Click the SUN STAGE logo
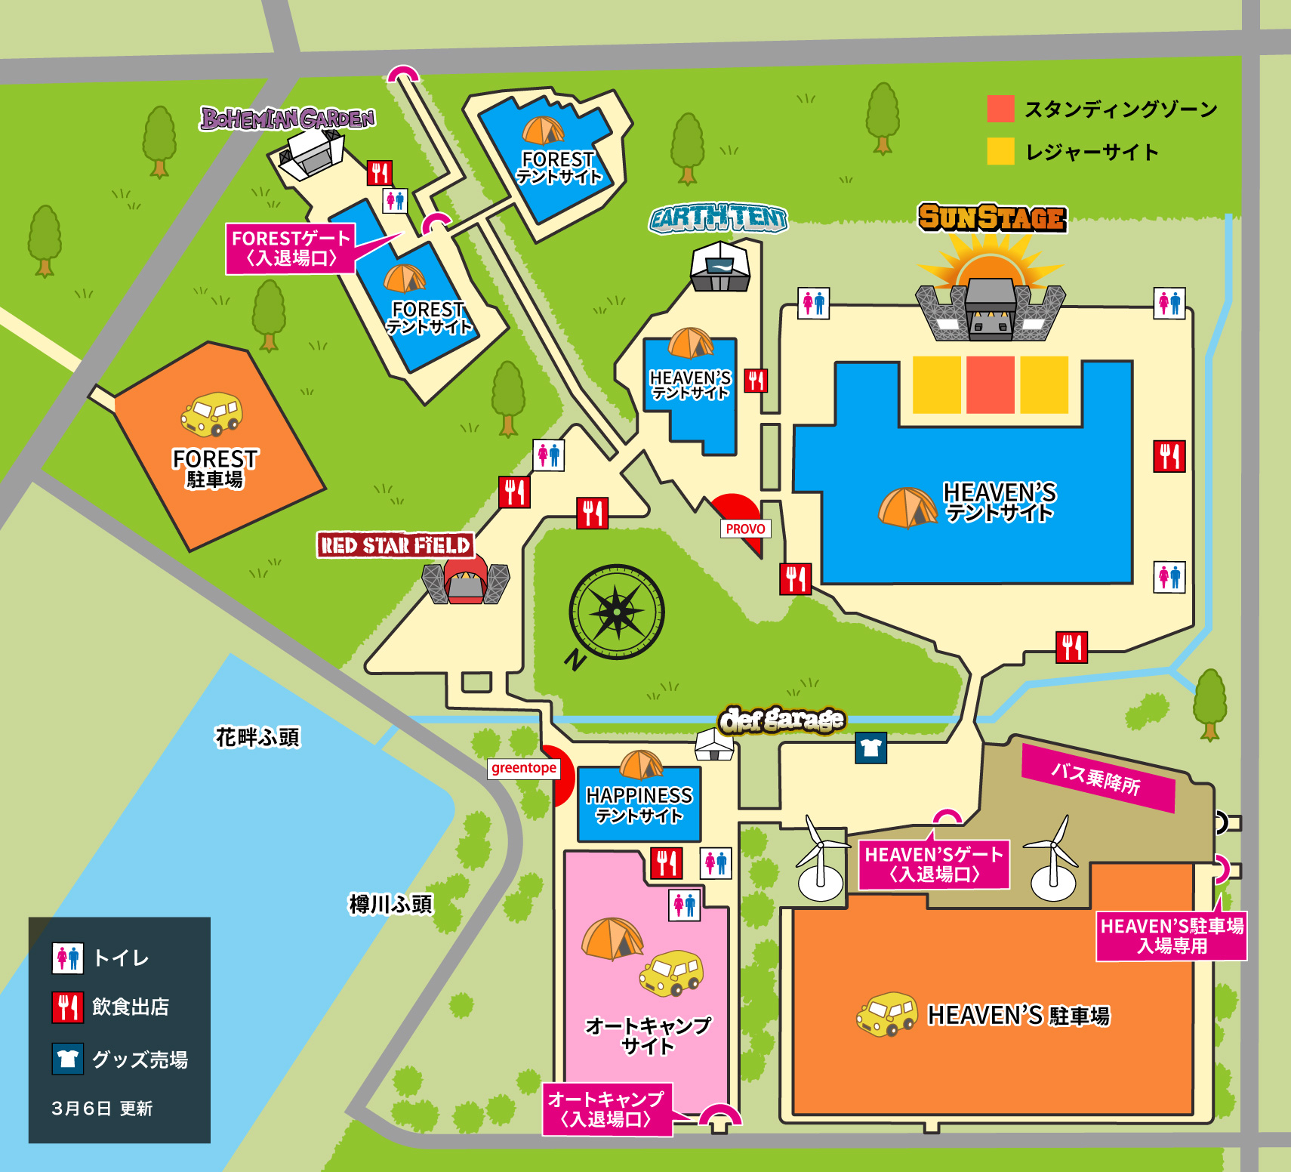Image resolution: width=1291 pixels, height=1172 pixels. [992, 217]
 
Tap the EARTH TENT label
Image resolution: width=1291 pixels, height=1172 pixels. [718, 218]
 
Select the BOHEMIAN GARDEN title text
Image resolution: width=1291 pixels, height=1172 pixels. [288, 119]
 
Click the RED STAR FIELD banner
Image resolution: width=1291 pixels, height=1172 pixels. [395, 545]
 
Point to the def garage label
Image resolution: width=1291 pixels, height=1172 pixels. [781, 720]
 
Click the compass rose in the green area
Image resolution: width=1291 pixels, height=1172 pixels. [617, 612]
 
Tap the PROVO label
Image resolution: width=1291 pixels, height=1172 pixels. [745, 529]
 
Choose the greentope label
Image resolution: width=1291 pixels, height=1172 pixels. [524, 768]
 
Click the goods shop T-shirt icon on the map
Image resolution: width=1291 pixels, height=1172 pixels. [870, 748]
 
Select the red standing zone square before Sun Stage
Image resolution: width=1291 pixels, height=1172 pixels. [990, 384]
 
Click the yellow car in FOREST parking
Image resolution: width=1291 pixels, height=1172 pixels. [211, 414]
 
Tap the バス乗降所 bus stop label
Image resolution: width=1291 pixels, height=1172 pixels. [1098, 778]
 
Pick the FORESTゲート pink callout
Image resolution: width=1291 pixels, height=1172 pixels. [291, 248]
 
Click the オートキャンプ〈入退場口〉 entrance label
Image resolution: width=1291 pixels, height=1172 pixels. [606, 1109]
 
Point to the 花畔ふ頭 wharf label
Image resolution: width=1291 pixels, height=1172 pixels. [257, 737]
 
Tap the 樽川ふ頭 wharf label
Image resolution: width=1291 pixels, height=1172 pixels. [390, 904]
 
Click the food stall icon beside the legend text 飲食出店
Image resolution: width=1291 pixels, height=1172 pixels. [68, 1007]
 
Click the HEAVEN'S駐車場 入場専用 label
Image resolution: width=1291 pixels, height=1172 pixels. [1171, 936]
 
